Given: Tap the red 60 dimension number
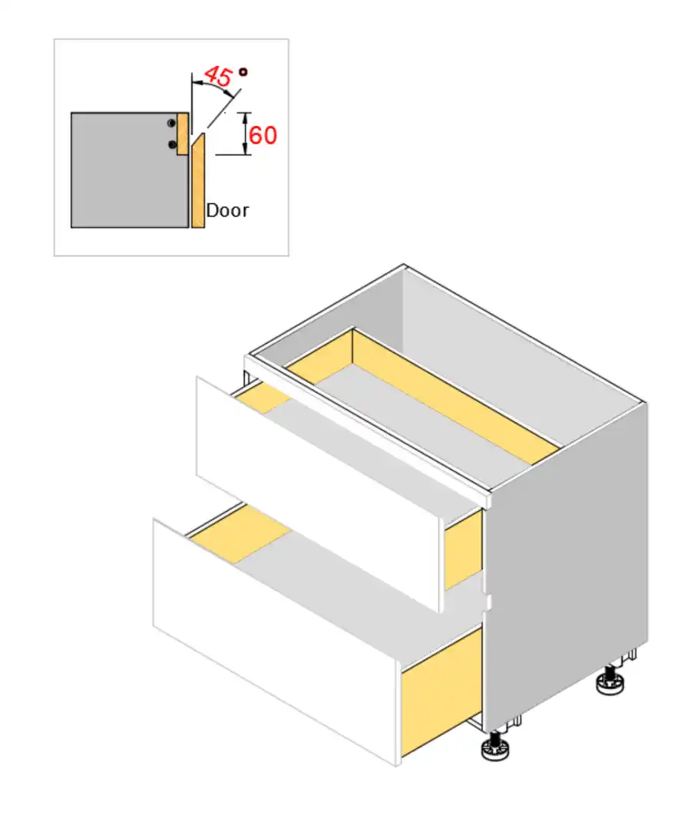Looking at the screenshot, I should [263, 136].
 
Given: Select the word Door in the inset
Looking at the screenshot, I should [227, 210].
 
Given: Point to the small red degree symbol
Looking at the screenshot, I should [243, 72].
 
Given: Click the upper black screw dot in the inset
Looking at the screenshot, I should [172, 123].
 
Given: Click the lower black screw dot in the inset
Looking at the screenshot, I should [172, 144].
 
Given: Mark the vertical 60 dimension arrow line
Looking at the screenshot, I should [245, 134].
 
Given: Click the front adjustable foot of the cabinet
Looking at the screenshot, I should [492, 747].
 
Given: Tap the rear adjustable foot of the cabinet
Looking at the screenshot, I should [610, 681].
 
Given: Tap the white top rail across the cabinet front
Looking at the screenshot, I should [369, 426].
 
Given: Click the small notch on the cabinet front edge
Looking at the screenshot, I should [486, 601].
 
